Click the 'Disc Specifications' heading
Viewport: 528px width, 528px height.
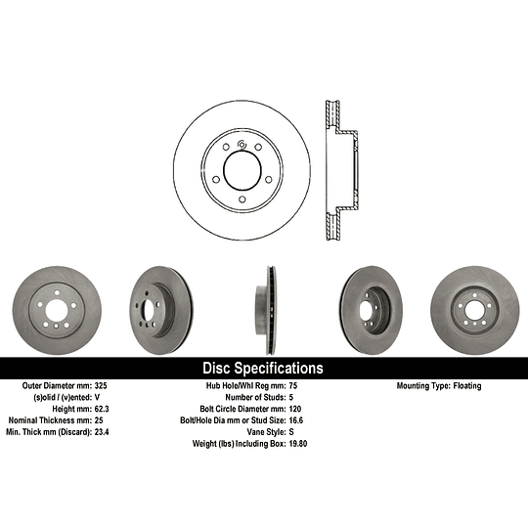261,369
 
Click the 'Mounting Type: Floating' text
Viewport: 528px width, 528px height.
438,386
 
